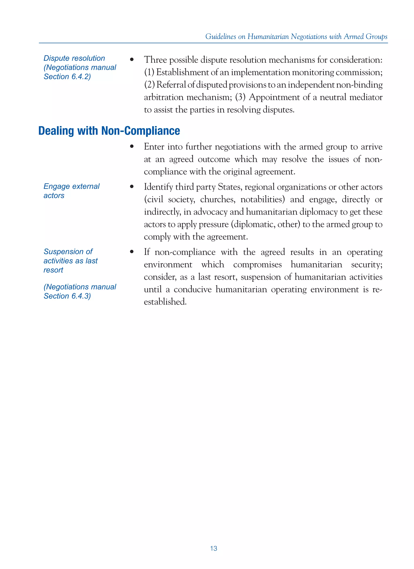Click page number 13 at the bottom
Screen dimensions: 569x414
(x=213, y=548)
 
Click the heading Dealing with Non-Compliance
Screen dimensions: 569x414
(x=109, y=131)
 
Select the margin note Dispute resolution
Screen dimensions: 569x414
(x=74, y=58)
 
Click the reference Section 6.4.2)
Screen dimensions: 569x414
(x=67, y=77)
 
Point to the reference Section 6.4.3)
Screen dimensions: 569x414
(x=67, y=296)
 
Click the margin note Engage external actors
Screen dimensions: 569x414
(x=71, y=191)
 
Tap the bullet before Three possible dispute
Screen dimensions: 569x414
(x=132, y=60)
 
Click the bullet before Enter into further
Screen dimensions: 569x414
(x=132, y=146)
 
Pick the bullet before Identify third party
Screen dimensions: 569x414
(x=132, y=187)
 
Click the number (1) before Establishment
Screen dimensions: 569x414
(x=149, y=73)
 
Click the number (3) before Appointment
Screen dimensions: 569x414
(x=240, y=97)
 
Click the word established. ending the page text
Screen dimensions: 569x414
(x=165, y=302)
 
